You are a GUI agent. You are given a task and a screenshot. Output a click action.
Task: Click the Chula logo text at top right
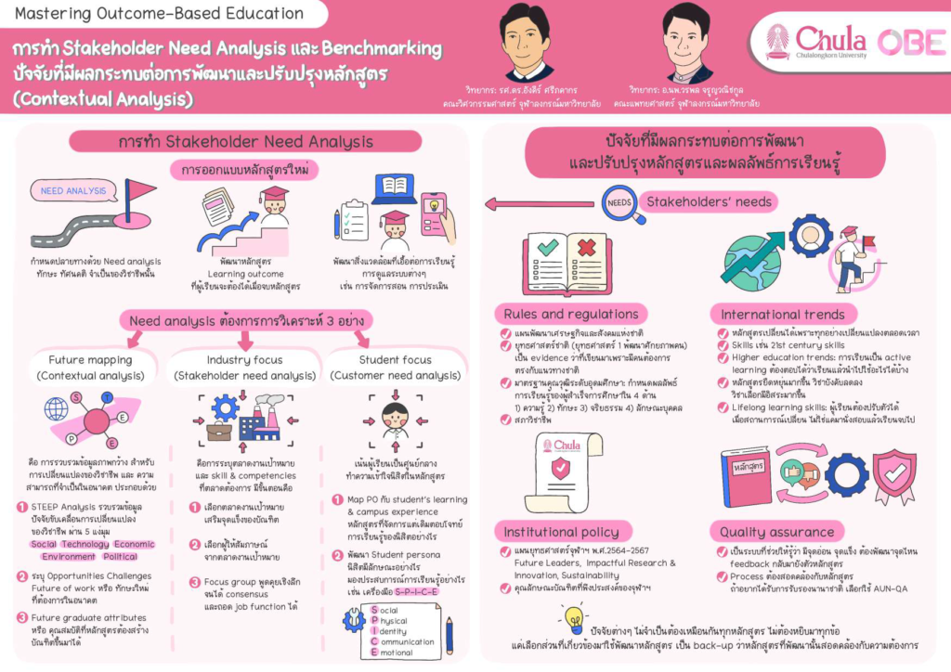[x=830, y=40]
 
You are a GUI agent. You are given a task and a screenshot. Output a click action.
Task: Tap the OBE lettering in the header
[x=911, y=42]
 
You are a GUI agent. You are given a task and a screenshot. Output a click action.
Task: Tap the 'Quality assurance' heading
[x=776, y=532]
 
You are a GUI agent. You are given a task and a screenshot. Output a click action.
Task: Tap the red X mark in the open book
[x=587, y=249]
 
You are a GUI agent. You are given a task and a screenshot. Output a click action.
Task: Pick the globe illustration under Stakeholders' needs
[x=751, y=257]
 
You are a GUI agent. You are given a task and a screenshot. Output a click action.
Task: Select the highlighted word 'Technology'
[x=85, y=544]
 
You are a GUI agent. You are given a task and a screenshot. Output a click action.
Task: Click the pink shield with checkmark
[x=893, y=475]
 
